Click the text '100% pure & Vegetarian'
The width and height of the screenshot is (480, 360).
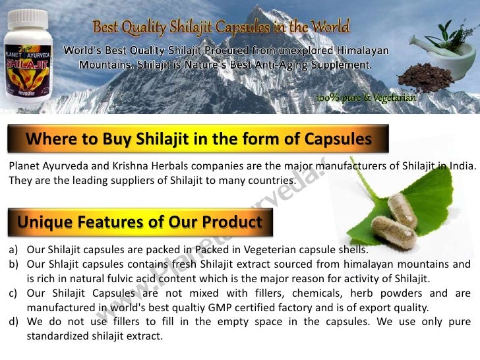point(365,98)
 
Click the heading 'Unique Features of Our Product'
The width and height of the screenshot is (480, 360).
point(140,222)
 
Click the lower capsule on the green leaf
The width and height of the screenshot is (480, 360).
point(394,229)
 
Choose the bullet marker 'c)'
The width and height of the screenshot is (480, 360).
point(13,293)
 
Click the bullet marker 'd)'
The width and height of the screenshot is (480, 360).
point(13,321)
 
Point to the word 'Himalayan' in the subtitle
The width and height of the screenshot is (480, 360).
point(361,51)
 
